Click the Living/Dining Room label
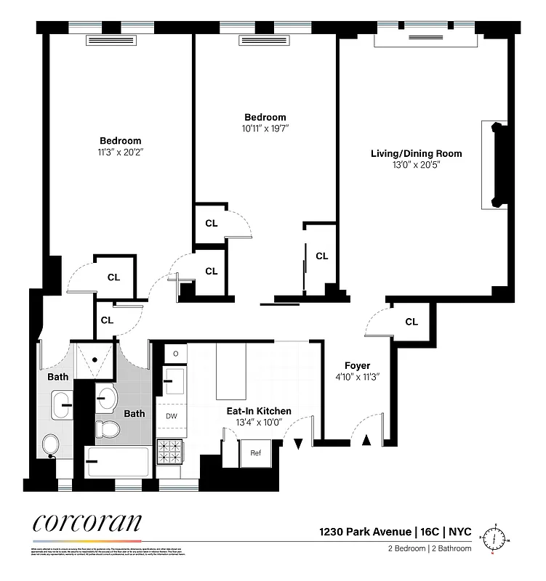pyautogui.click(x=416, y=153)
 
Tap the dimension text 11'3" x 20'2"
pyautogui.click(x=121, y=153)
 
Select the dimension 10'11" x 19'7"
pyautogui.click(x=265, y=129)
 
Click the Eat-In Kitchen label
pyautogui.click(x=258, y=411)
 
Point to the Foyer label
pyautogui.click(x=358, y=365)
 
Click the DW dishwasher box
pyautogui.click(x=172, y=416)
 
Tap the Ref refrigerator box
pyautogui.click(x=256, y=453)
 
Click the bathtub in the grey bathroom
pyautogui.click(x=117, y=460)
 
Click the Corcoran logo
pyautogui.click(x=87, y=524)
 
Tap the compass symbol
pyautogui.click(x=497, y=537)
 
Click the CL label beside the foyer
pyautogui.click(x=411, y=322)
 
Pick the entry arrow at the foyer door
pyautogui.click(x=366, y=439)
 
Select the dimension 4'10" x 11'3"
pyautogui.click(x=358, y=377)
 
